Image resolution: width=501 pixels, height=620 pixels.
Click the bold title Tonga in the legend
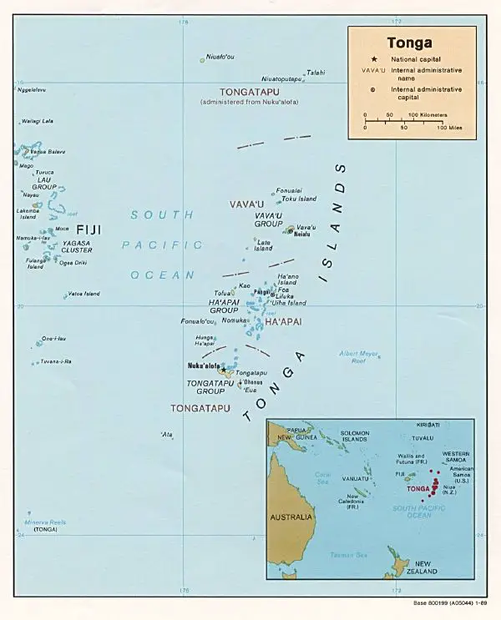[x=409, y=43]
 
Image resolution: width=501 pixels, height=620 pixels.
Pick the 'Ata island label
[x=167, y=434]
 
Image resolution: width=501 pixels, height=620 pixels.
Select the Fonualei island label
[x=289, y=190]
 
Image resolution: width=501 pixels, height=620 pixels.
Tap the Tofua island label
[x=222, y=293]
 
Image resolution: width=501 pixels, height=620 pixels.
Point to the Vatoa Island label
[x=84, y=294]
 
